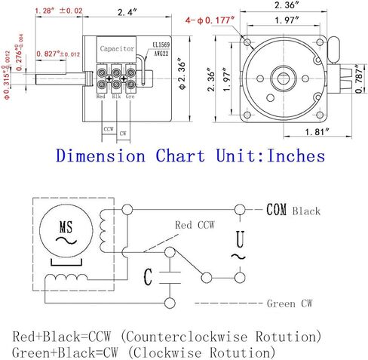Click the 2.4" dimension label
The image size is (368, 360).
(127, 12)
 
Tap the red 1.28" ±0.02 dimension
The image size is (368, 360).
(59, 11)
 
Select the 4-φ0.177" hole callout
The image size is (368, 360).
(210, 20)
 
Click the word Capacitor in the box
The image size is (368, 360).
(117, 48)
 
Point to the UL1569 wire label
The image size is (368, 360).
(161, 45)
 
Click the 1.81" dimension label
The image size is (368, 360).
(317, 132)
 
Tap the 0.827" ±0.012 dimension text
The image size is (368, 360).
(58, 54)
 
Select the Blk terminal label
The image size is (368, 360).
(116, 97)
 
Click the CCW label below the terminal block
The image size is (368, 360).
(109, 129)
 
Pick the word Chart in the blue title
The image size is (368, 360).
(180, 155)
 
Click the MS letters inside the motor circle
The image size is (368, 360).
(66, 227)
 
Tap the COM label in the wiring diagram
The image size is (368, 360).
(276, 210)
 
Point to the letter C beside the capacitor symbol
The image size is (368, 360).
(148, 277)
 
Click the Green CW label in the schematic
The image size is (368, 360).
(290, 303)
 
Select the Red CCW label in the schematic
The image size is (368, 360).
(195, 225)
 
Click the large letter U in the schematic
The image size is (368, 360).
(240, 239)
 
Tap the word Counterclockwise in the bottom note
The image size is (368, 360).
(186, 337)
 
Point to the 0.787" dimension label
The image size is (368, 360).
(360, 78)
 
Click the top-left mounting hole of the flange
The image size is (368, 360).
(247, 42)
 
